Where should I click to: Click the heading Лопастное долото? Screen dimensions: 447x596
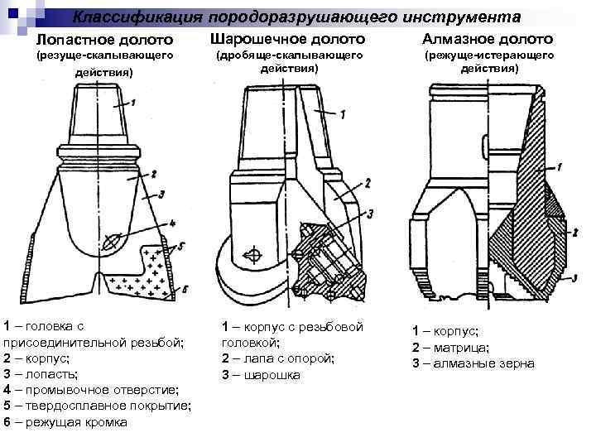tap(105, 40)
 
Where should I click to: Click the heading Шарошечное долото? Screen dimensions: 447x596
tap(287, 39)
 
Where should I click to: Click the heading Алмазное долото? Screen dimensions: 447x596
tap(488, 39)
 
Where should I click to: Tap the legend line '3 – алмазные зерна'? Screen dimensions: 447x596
tap(473, 363)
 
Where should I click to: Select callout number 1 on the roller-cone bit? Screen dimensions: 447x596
tap(342, 113)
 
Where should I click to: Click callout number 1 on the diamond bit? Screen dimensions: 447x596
tap(560, 166)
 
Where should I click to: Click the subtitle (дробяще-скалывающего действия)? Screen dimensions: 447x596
tap(289, 61)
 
